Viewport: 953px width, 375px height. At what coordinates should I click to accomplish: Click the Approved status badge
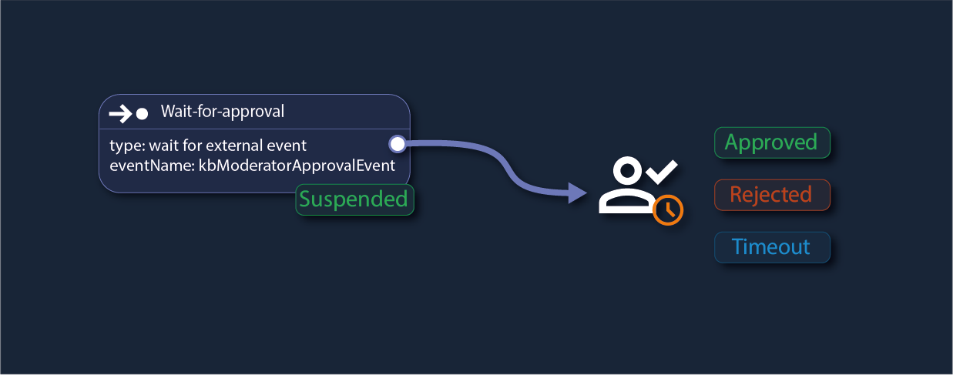click(771, 142)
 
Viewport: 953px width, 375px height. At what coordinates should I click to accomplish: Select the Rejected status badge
click(771, 195)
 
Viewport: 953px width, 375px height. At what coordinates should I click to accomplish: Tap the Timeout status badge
click(771, 247)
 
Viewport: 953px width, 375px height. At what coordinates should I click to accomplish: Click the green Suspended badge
click(354, 199)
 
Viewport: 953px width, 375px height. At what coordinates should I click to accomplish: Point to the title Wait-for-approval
click(223, 112)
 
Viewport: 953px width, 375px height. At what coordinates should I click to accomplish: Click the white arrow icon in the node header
click(120, 114)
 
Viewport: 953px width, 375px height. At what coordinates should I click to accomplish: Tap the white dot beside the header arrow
click(142, 114)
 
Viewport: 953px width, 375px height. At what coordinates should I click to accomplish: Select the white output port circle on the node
click(397, 143)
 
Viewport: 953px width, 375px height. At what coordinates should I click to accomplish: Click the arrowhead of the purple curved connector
click(577, 193)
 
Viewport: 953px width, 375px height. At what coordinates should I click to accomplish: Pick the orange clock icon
click(668, 209)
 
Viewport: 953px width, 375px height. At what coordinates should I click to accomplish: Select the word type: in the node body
click(126, 145)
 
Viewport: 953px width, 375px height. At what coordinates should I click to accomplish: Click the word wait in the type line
click(162, 145)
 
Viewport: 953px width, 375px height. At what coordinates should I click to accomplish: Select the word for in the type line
click(192, 145)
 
